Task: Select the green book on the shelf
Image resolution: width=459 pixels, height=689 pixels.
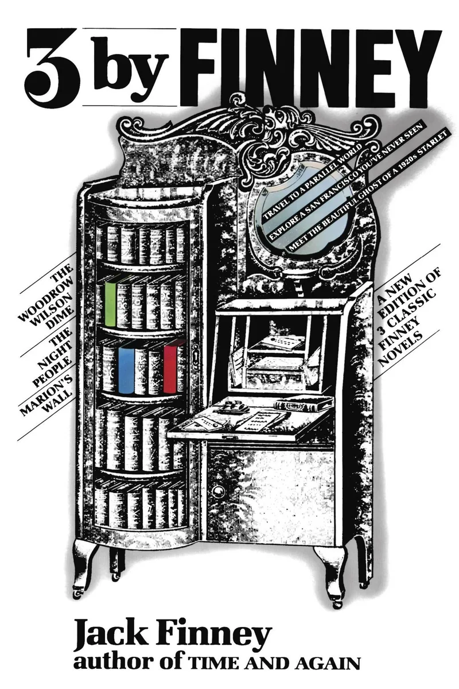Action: [x=111, y=304]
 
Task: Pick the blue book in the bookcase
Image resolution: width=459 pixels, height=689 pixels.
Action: [x=126, y=371]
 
